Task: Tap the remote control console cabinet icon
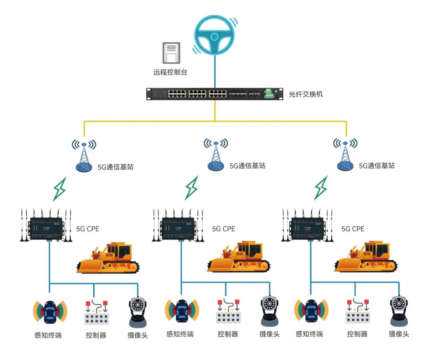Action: coord(171,53)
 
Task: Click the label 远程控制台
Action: coord(170,72)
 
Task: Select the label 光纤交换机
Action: coord(306,95)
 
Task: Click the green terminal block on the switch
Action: coord(268,94)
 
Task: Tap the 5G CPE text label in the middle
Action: coord(224,229)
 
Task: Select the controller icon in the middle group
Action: coord(228,311)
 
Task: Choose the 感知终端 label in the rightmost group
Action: coord(309,334)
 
